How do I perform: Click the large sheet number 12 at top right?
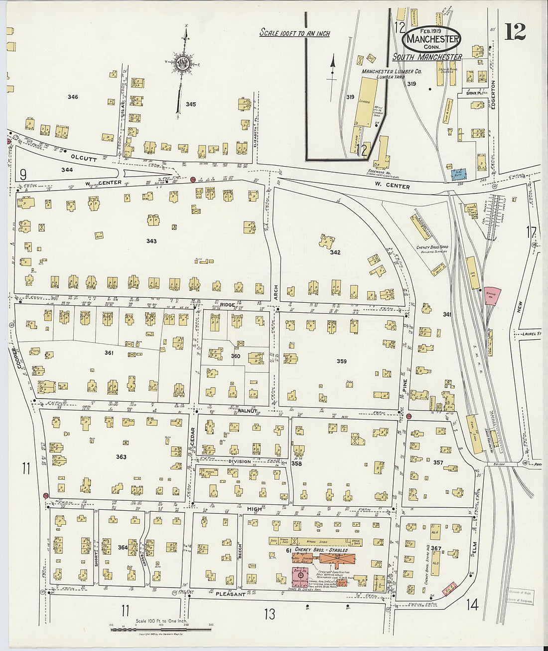[x=515, y=32]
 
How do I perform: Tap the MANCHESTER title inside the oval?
[x=431, y=38]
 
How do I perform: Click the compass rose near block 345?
[x=183, y=63]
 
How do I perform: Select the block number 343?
[x=151, y=241]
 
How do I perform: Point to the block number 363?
[x=121, y=456]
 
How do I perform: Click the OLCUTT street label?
[x=83, y=158]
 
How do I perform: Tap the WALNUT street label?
[x=247, y=411]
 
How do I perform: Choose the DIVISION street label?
[x=240, y=461]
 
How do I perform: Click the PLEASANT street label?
[x=230, y=594]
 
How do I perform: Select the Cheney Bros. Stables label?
[x=321, y=550]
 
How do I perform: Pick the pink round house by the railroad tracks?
[x=492, y=295]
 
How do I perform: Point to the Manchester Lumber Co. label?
[x=392, y=72]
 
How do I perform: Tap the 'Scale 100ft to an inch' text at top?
[x=294, y=33]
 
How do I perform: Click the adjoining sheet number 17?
[x=531, y=232]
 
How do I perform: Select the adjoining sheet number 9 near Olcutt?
[x=23, y=174]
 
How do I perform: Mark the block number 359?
[x=341, y=361]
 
